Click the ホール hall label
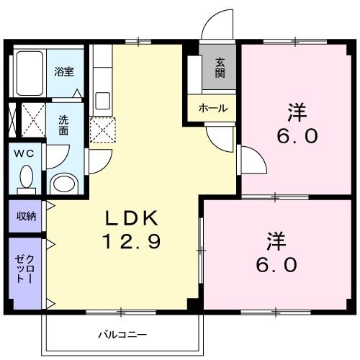click(213, 109)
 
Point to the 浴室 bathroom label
click(64, 71)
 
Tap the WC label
click(24, 154)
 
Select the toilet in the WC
click(26, 177)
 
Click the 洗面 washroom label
click(64, 127)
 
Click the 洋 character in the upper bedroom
click(297, 113)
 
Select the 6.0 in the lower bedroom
click(276, 264)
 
